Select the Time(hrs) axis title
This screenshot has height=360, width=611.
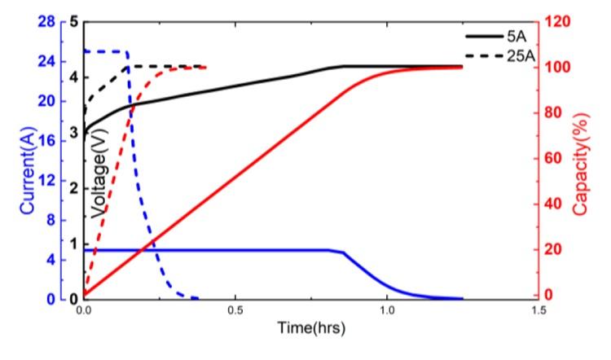click(310, 329)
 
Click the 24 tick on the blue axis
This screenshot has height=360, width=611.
click(46, 61)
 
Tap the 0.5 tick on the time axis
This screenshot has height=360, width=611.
click(235, 311)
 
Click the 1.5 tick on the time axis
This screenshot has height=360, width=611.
click(538, 311)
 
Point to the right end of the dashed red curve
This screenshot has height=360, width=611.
click(204, 67)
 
